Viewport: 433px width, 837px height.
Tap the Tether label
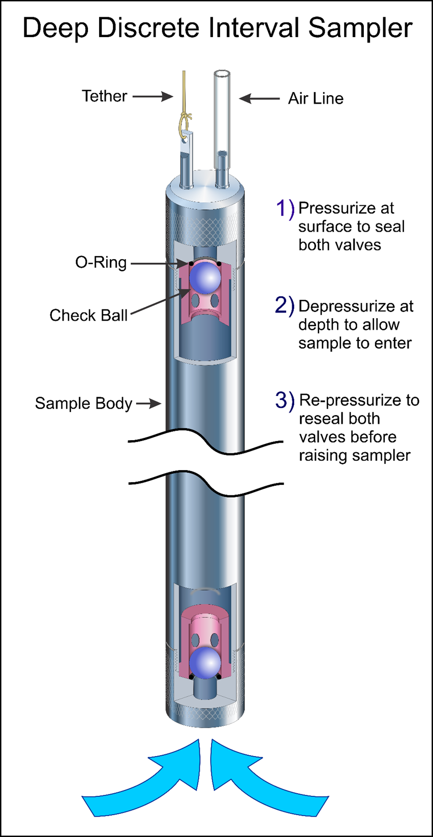click(x=104, y=96)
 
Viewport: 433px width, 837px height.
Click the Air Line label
click(x=316, y=99)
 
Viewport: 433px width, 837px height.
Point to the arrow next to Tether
click(x=153, y=96)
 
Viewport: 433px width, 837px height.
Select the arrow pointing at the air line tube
click(x=259, y=98)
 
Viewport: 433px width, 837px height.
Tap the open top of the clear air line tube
click(x=222, y=74)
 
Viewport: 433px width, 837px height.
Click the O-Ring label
click(x=101, y=262)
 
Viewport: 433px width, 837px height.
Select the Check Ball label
click(x=88, y=315)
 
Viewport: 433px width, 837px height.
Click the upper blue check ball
click(x=205, y=277)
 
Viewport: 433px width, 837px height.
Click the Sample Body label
click(x=83, y=404)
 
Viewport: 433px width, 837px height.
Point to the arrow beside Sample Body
click(x=148, y=404)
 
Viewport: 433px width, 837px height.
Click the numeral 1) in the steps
click(x=285, y=208)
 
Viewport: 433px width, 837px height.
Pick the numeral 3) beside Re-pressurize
click(x=285, y=400)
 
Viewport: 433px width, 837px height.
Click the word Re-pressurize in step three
click(x=346, y=400)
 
